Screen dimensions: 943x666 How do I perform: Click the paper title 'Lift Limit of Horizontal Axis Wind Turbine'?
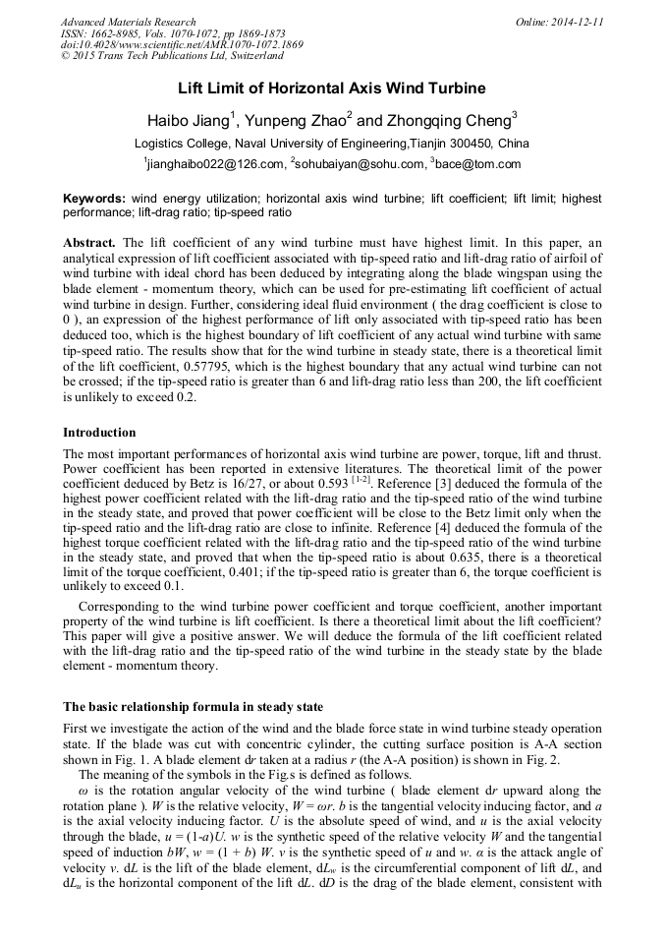click(x=332, y=88)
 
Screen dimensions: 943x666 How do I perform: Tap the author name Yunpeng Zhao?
click(x=297, y=121)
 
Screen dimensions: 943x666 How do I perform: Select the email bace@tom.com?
click(x=476, y=164)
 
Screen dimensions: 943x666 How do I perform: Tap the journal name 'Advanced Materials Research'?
click(x=128, y=22)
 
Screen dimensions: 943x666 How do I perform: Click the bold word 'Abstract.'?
click(x=89, y=242)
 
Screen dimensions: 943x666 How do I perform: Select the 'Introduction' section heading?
click(x=99, y=433)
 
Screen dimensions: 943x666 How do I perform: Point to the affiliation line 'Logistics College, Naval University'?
click(x=332, y=144)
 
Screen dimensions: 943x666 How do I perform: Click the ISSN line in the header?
click(x=176, y=33)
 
